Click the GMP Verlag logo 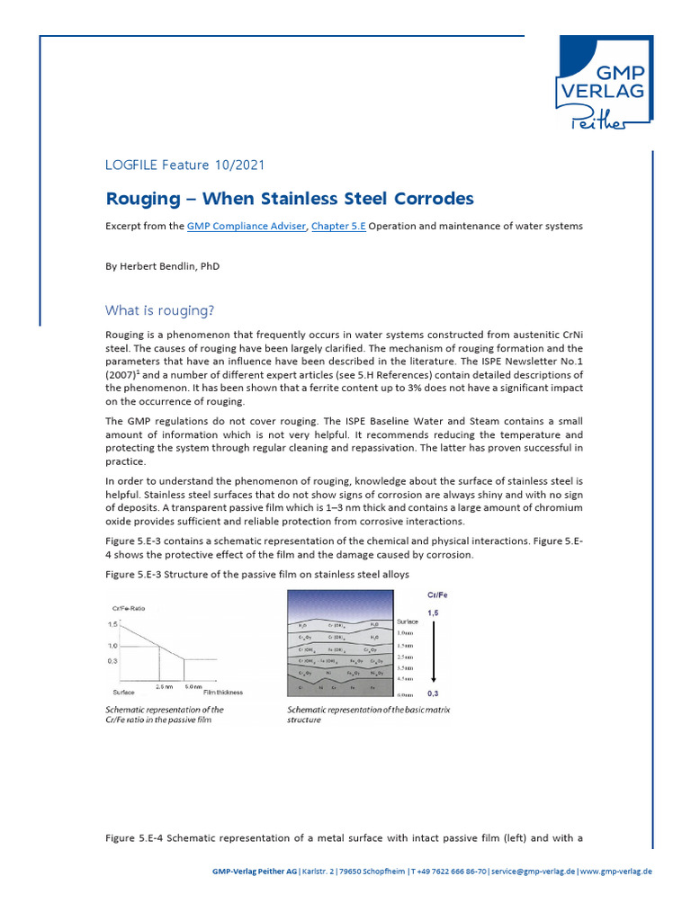click(604, 83)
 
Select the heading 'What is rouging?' click(159, 311)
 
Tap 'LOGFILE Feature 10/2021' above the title click(184, 165)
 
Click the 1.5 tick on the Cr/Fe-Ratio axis click(114, 623)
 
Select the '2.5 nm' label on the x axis click(163, 687)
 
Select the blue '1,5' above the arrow click(433, 612)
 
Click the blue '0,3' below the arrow click(433, 694)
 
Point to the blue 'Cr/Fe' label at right click(433, 595)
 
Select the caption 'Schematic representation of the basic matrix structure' click(368, 714)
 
